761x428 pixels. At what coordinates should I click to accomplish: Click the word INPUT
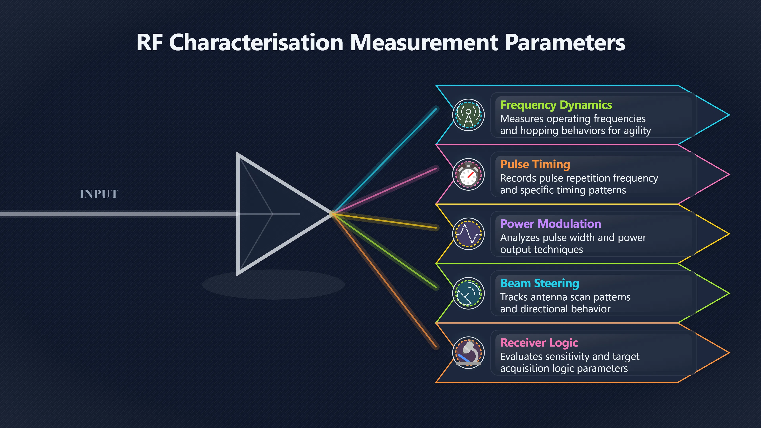[x=99, y=194]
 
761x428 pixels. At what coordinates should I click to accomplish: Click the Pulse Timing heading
[x=535, y=164]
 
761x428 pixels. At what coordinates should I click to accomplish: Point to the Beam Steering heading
[x=539, y=283]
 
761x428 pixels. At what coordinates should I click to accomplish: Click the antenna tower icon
[x=468, y=115]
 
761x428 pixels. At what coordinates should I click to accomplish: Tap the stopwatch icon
[x=468, y=174]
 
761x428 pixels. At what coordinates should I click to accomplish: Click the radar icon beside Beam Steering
[x=468, y=293]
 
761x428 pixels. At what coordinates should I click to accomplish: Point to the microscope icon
[x=468, y=353]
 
